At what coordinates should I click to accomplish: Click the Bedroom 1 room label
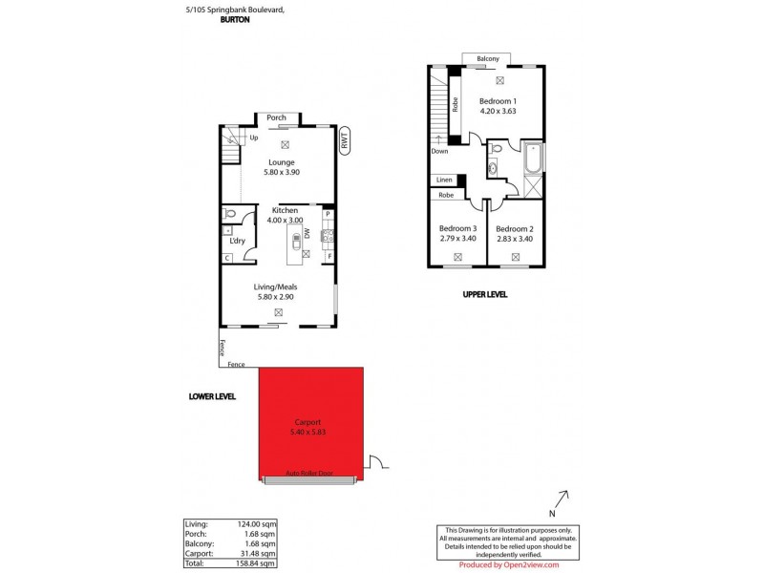(x=498, y=102)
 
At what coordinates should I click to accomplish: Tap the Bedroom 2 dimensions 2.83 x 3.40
(x=514, y=240)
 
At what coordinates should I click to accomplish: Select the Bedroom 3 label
(x=457, y=228)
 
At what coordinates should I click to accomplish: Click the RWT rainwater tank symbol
(x=344, y=139)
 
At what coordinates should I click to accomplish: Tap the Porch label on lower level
(x=276, y=118)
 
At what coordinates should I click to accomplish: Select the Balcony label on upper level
(x=488, y=59)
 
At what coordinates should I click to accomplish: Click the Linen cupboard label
(x=444, y=180)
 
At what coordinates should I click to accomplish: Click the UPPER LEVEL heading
(x=485, y=295)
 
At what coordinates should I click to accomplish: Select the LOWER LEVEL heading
(x=212, y=395)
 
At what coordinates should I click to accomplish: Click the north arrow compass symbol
(x=563, y=498)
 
